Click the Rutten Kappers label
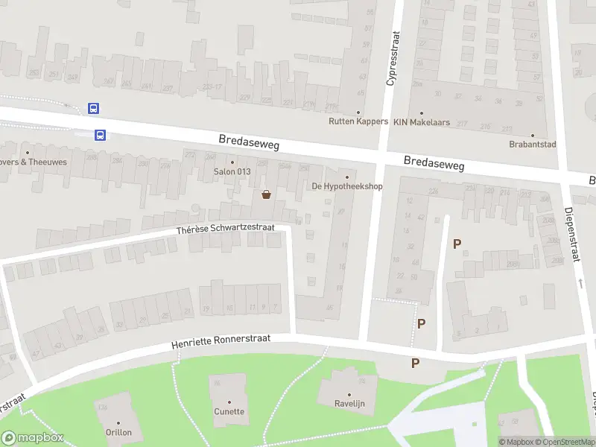click(x=358, y=121)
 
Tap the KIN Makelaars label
click(x=422, y=122)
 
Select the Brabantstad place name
click(x=533, y=145)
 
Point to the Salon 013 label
click(x=232, y=172)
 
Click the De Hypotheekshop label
click(x=346, y=186)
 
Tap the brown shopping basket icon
click(x=266, y=195)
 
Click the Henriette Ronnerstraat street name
click(x=221, y=341)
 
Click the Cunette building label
click(x=229, y=411)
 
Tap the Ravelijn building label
click(x=349, y=404)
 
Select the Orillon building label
click(x=118, y=432)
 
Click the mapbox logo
click(x=33, y=438)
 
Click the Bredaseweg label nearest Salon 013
click(x=249, y=142)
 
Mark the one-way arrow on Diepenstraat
click(x=580, y=283)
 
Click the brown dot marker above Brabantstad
click(x=533, y=136)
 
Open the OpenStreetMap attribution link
click(x=562, y=442)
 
